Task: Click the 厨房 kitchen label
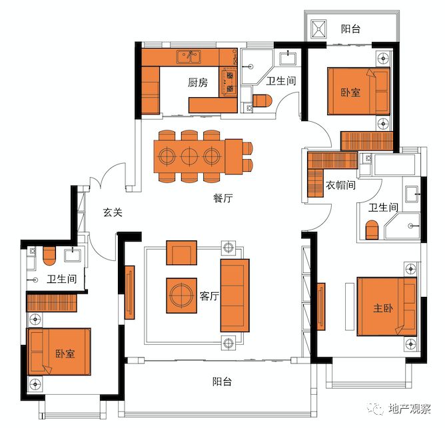pyautogui.click(x=198, y=83)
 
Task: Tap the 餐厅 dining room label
pyautogui.click(x=223, y=198)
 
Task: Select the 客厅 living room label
pyautogui.click(x=209, y=296)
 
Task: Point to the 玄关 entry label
pyautogui.click(x=113, y=212)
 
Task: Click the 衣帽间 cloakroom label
pyautogui.click(x=340, y=185)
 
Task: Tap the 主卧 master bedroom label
pyautogui.click(x=383, y=308)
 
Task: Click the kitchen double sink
pyautogui.click(x=189, y=57)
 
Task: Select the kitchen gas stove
pyautogui.click(x=228, y=82)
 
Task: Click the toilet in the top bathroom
pyautogui.click(x=262, y=101)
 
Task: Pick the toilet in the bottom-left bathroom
pyautogui.click(x=49, y=256)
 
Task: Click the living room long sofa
pyautogui.click(x=235, y=296)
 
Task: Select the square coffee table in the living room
pyautogui.click(x=181, y=296)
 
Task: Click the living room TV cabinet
pyautogui.click(x=130, y=292)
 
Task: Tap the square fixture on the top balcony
pyautogui.click(x=318, y=29)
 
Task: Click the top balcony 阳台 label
pyautogui.click(x=351, y=29)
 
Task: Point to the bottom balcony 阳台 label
pyautogui.click(x=222, y=381)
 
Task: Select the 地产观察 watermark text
pyautogui.click(x=409, y=409)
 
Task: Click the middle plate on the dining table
pyautogui.click(x=189, y=156)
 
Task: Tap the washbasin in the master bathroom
pyautogui.click(x=412, y=194)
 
